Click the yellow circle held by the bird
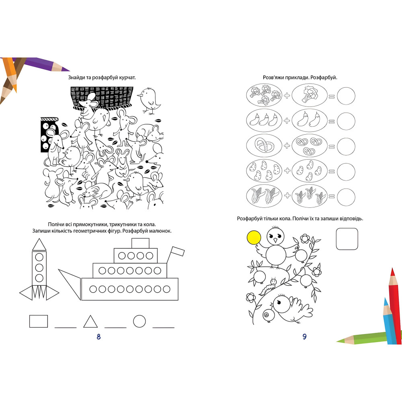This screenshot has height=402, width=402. click(x=254, y=238)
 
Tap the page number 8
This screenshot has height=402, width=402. click(x=99, y=336)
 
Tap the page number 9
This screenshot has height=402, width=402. click(x=304, y=336)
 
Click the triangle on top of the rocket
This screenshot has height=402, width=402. click(x=39, y=244)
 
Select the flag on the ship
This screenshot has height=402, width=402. click(x=178, y=251)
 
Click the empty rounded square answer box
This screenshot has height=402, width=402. click(x=347, y=239)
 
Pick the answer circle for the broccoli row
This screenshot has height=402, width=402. click(x=346, y=96)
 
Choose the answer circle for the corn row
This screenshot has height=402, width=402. click(x=346, y=197)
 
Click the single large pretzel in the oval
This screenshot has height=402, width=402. click(x=265, y=146)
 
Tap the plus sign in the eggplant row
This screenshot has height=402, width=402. click(x=287, y=121)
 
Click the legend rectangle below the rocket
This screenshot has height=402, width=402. click(x=39, y=321)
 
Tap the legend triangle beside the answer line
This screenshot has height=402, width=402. click(x=90, y=322)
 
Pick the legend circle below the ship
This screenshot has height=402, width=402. click(x=139, y=321)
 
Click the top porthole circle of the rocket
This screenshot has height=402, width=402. click(x=39, y=257)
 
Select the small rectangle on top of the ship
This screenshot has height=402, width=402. click(x=140, y=243)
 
